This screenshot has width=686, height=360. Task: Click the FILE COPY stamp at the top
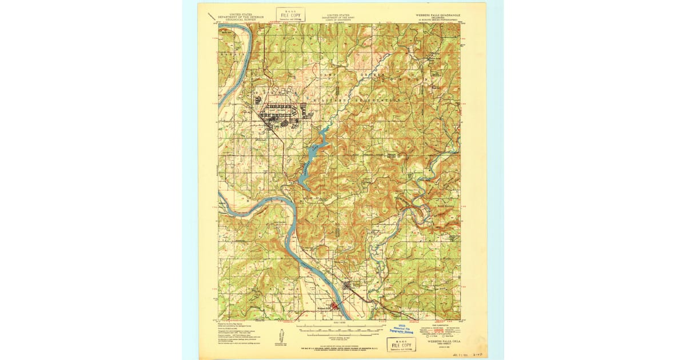[290, 14]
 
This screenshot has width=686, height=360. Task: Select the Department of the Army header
[339, 15]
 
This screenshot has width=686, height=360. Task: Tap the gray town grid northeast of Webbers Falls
[350, 288]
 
